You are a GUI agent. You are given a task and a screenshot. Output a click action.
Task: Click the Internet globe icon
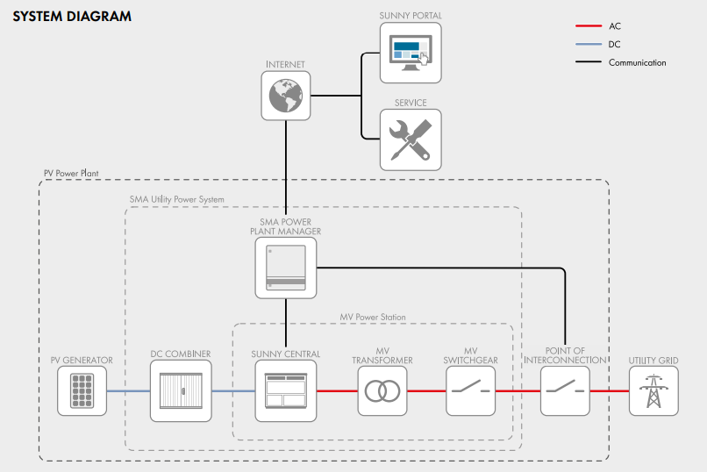(286, 96)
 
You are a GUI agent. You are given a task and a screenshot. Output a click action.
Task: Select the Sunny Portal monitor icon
(411, 53)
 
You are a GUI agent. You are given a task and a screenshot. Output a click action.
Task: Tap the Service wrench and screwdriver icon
(411, 139)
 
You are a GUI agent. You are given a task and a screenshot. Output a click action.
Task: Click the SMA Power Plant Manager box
(286, 268)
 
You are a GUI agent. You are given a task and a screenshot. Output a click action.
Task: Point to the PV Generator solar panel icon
(82, 390)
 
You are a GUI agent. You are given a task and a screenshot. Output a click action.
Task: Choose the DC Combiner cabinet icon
(180, 390)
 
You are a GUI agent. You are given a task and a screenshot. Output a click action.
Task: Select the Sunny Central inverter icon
(286, 390)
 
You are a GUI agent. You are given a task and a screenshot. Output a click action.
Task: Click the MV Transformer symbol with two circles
(382, 390)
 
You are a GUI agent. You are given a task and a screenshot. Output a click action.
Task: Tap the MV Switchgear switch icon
(471, 390)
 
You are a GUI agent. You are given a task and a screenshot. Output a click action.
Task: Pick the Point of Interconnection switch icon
(565, 390)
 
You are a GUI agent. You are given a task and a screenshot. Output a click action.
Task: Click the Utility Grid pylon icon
(653, 390)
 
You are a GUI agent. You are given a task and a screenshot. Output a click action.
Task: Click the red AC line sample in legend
(588, 26)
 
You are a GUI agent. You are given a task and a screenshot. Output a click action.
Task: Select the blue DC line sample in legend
(588, 44)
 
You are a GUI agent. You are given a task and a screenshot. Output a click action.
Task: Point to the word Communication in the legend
(637, 62)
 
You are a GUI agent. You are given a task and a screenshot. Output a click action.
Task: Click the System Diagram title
(72, 16)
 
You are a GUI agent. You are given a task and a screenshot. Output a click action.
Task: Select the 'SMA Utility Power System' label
(176, 200)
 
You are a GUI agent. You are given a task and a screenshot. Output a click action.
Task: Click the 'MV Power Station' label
(373, 317)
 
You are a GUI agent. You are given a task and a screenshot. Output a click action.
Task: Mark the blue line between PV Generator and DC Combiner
(127, 391)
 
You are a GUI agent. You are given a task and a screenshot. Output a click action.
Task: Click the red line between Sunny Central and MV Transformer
(337, 391)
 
